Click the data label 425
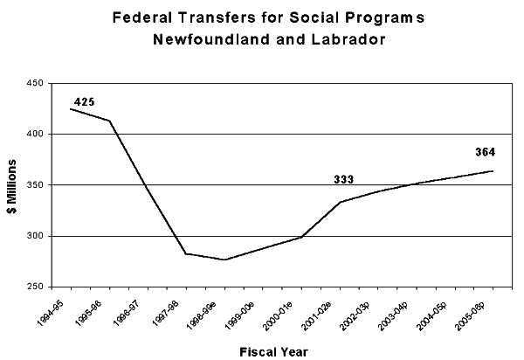tap(84, 103)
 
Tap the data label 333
tap(344, 180)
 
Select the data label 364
tap(485, 153)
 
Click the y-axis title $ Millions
tap(15, 185)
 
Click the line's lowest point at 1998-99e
tap(224, 260)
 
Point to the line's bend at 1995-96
tap(109, 121)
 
